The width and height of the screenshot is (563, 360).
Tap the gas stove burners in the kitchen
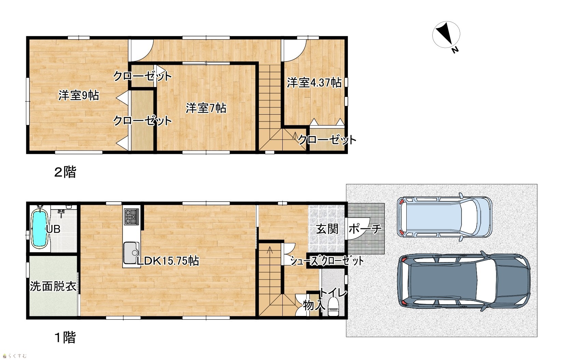point(131,217)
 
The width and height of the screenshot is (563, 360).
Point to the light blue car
point(445,217)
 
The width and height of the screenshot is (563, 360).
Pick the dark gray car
point(464,281)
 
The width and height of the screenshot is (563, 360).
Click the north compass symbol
point(446,35)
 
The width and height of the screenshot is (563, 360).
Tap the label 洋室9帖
point(79,96)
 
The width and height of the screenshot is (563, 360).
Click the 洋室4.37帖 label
point(314,83)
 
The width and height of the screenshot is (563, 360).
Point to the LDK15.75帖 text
point(168,261)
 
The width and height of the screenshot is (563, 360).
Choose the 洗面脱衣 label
point(53,286)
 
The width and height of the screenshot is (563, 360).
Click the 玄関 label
point(327,229)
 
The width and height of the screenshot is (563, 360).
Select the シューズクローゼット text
point(327,261)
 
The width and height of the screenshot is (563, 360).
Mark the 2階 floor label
point(65,172)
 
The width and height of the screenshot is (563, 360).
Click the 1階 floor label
point(65,337)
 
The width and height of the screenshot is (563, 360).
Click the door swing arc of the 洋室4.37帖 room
point(299,56)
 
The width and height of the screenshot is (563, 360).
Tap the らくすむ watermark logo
point(15,356)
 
